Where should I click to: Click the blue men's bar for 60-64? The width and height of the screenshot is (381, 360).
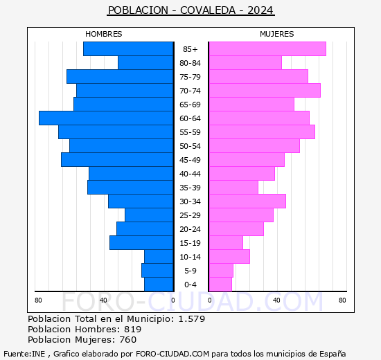[x=106, y=118]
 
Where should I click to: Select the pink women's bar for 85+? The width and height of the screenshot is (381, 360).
[x=267, y=49]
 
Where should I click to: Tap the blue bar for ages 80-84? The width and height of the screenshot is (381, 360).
[x=145, y=63]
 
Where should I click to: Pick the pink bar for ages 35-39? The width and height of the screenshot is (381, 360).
[x=233, y=188]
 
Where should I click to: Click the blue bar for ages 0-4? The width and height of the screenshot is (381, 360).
[x=159, y=285]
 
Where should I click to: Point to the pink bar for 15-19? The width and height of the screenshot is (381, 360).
[x=226, y=243]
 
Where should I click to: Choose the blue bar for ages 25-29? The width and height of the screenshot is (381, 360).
[x=149, y=215]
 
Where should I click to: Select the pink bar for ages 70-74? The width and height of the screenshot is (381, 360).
[x=265, y=91]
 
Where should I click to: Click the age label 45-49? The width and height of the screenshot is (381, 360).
[x=190, y=160]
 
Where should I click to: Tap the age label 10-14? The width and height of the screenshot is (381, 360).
[x=190, y=257]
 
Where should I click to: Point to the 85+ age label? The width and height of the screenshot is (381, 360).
[x=190, y=49]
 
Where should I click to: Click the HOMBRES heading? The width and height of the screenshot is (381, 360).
[x=103, y=34]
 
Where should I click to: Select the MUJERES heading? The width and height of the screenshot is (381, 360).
[x=277, y=34]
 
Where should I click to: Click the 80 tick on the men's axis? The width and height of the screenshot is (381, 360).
[x=38, y=300]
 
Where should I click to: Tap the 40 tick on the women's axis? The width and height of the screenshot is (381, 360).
[x=276, y=300]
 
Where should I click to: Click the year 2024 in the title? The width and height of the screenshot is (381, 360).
[x=260, y=10]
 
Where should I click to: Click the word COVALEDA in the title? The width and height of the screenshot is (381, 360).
[x=208, y=10]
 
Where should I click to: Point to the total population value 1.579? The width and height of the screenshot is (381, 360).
[x=192, y=318]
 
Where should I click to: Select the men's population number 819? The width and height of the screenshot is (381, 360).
[x=133, y=329]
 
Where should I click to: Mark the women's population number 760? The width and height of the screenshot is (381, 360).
[x=128, y=340]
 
